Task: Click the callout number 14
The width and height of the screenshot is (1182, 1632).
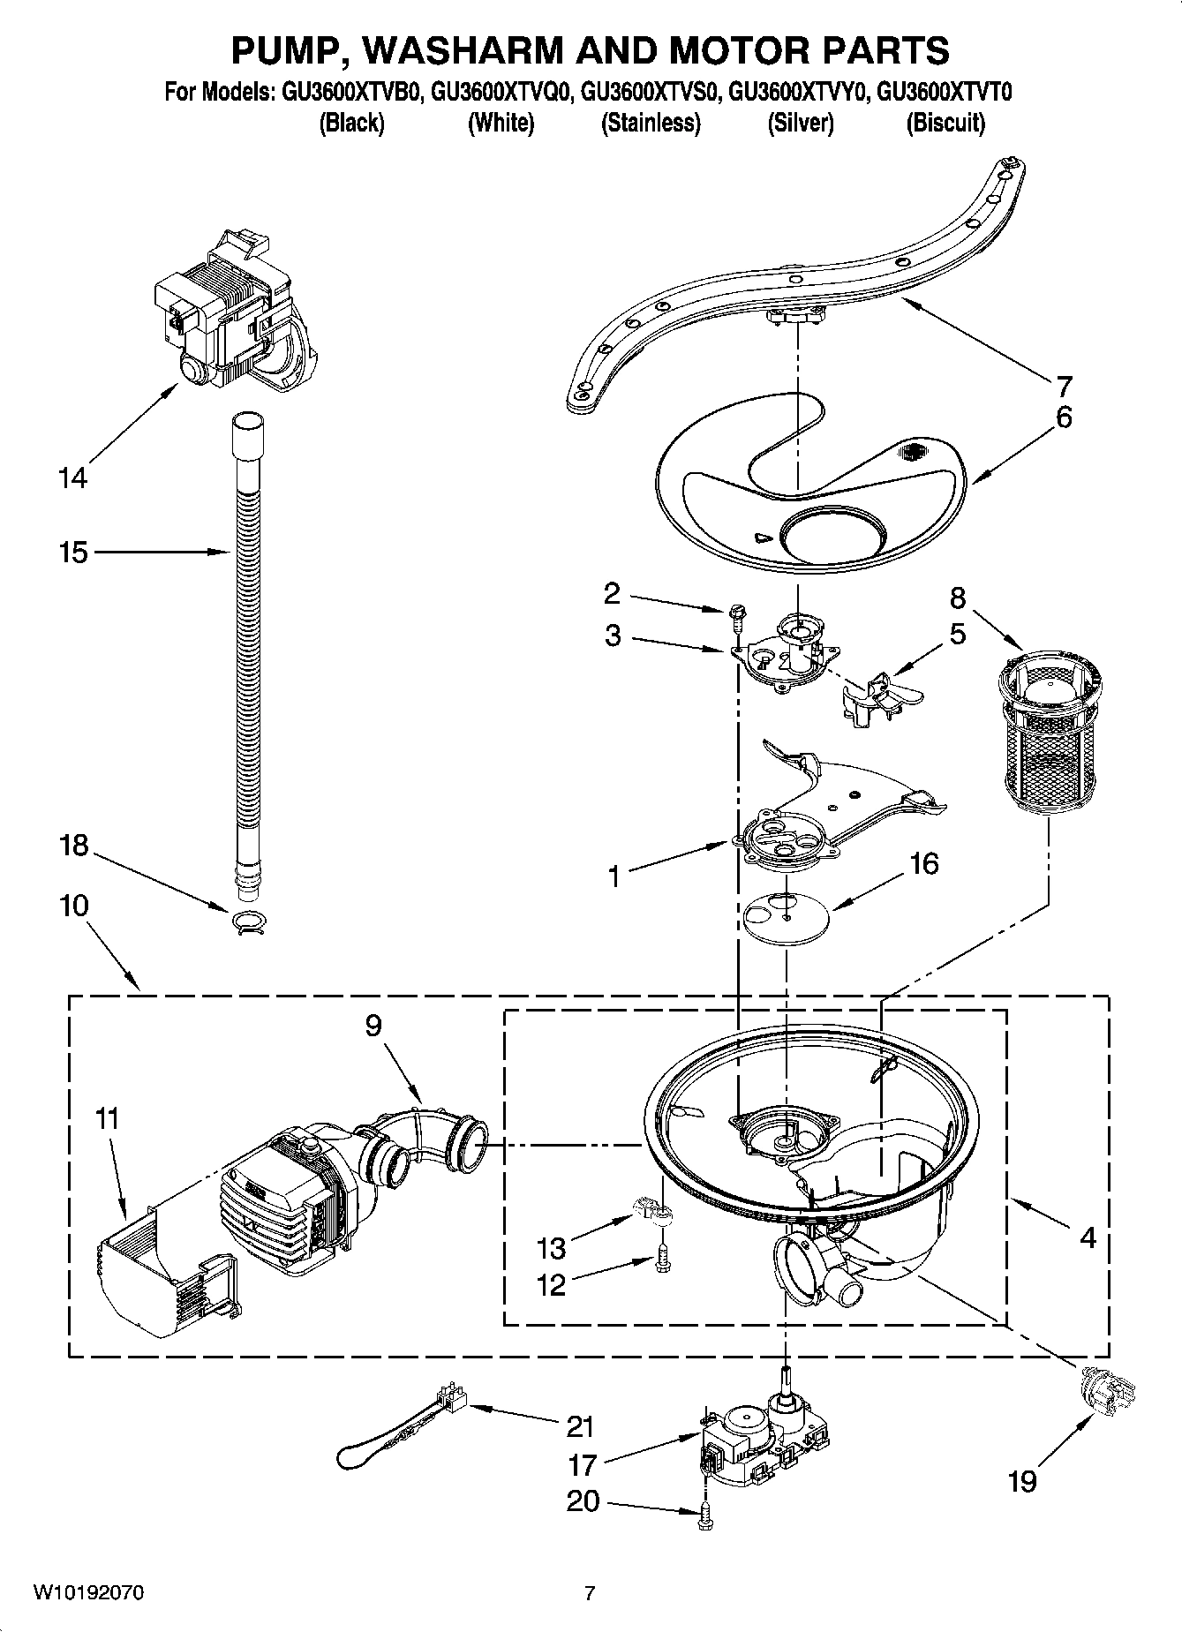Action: click(x=73, y=478)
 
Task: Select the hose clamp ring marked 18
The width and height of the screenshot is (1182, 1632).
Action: click(x=249, y=920)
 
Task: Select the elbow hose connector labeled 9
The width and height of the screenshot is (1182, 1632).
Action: click(x=430, y=1139)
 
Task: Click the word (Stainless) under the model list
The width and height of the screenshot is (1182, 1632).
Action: click(x=651, y=124)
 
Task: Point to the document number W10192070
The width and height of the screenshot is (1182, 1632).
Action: click(x=88, y=1593)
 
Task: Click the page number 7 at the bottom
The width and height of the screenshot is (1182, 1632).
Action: click(x=590, y=1593)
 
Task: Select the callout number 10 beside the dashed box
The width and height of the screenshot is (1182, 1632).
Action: click(x=75, y=906)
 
